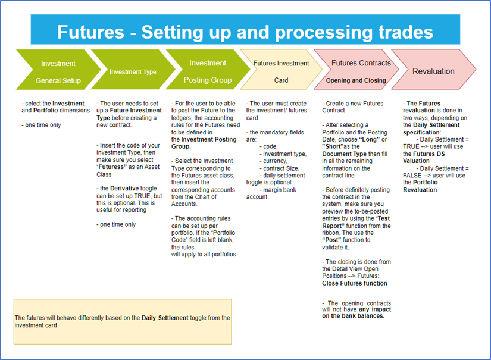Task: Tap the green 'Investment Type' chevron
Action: [x=133, y=72]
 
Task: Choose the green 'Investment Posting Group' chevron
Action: [x=207, y=71]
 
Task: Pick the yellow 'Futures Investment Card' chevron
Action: [x=281, y=71]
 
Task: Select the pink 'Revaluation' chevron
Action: [x=434, y=71]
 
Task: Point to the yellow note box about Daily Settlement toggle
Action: [x=122, y=321]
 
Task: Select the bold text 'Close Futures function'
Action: [x=355, y=283]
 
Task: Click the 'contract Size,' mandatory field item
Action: [x=282, y=168]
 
